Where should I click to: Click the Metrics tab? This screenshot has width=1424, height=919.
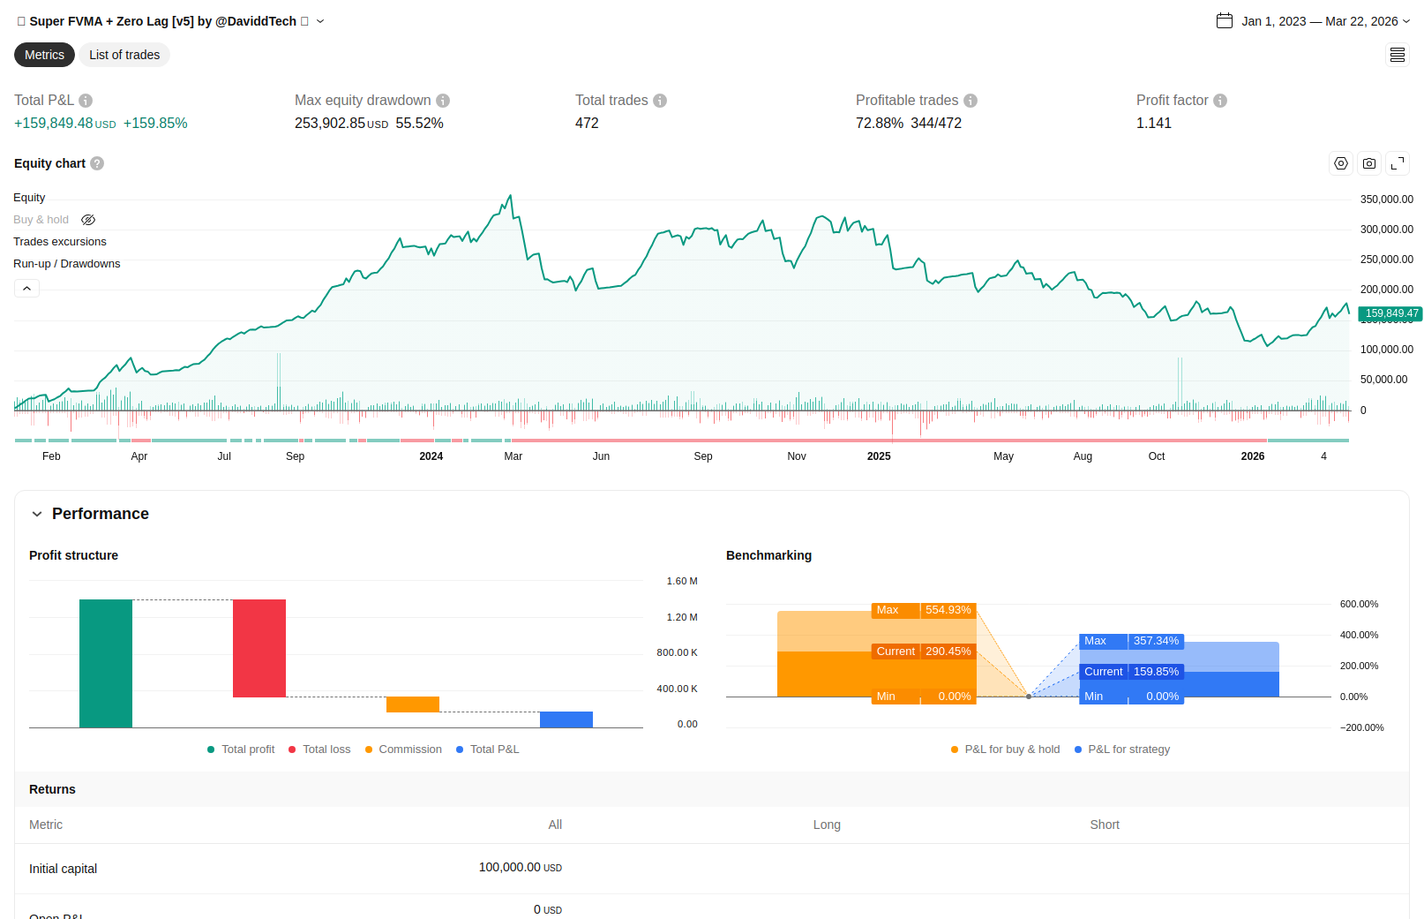point(44,55)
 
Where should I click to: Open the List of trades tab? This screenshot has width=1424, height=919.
point(124,55)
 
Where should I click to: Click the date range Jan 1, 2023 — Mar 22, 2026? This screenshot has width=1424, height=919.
point(1318,21)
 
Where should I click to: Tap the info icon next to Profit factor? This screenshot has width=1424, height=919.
point(1220,101)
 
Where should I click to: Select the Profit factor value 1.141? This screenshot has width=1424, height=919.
point(1153,124)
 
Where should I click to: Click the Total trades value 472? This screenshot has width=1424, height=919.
point(587,124)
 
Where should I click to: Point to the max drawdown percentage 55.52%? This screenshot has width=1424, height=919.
point(419,124)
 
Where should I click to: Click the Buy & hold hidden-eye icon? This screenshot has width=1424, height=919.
point(88,220)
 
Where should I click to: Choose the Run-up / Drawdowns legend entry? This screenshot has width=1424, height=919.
point(66,264)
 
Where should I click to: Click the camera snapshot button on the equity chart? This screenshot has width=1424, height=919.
point(1369,163)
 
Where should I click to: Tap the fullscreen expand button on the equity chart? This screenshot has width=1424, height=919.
point(1398,163)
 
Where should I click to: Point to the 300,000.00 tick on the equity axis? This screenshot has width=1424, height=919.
point(1386,230)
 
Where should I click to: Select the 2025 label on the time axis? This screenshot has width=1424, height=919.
point(879,456)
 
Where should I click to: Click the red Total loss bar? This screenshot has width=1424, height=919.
point(259,648)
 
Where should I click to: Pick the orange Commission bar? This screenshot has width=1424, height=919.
point(413,704)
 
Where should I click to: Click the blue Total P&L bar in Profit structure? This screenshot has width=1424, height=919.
point(566,719)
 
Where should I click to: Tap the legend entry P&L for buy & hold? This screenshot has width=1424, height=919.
point(1011,750)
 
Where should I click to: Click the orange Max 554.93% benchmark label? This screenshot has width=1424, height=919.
point(923,610)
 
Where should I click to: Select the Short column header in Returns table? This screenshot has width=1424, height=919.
point(1104,825)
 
